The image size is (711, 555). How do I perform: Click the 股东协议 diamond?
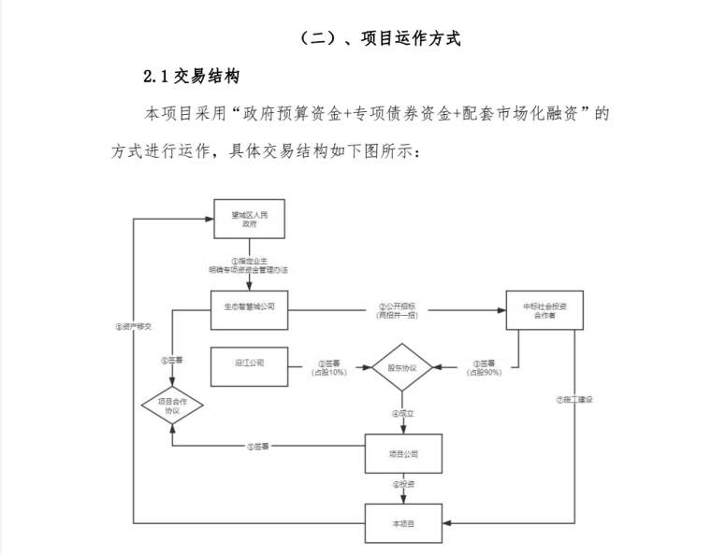pyautogui.click(x=402, y=367)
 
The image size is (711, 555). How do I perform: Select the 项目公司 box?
pyautogui.click(x=402, y=454)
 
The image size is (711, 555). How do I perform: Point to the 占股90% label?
pyautogui.click(x=484, y=373)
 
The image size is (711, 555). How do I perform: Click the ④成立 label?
pyautogui.click(x=402, y=413)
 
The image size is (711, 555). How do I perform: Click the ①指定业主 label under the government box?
pyautogui.click(x=249, y=261)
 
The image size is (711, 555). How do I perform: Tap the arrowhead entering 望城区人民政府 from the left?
pyautogui.click(x=209, y=221)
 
